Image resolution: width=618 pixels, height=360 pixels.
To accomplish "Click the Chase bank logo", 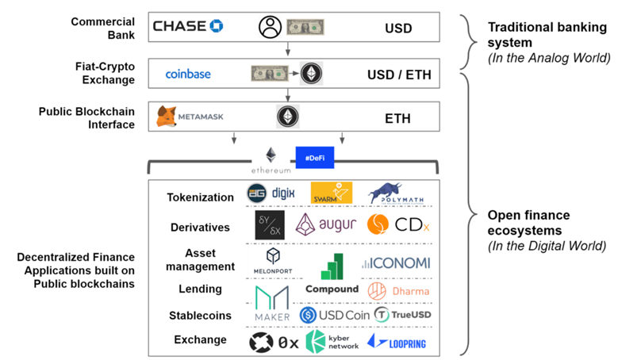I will [x=188, y=26].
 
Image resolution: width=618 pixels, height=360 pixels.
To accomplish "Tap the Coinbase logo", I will [x=188, y=74].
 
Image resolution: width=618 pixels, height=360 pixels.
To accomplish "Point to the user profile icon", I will [x=270, y=28].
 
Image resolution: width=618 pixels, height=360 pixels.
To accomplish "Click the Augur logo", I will [x=328, y=225].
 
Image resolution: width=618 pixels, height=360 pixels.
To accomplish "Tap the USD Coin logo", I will [x=332, y=316].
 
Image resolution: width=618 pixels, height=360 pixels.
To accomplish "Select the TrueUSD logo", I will [x=402, y=316].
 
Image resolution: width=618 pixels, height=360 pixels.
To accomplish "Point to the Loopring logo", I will [x=397, y=343].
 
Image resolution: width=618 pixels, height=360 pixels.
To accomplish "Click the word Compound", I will [x=332, y=289].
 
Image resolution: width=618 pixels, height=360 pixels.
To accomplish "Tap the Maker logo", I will [x=272, y=304].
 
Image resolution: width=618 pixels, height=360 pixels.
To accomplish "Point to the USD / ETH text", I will [x=397, y=75].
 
